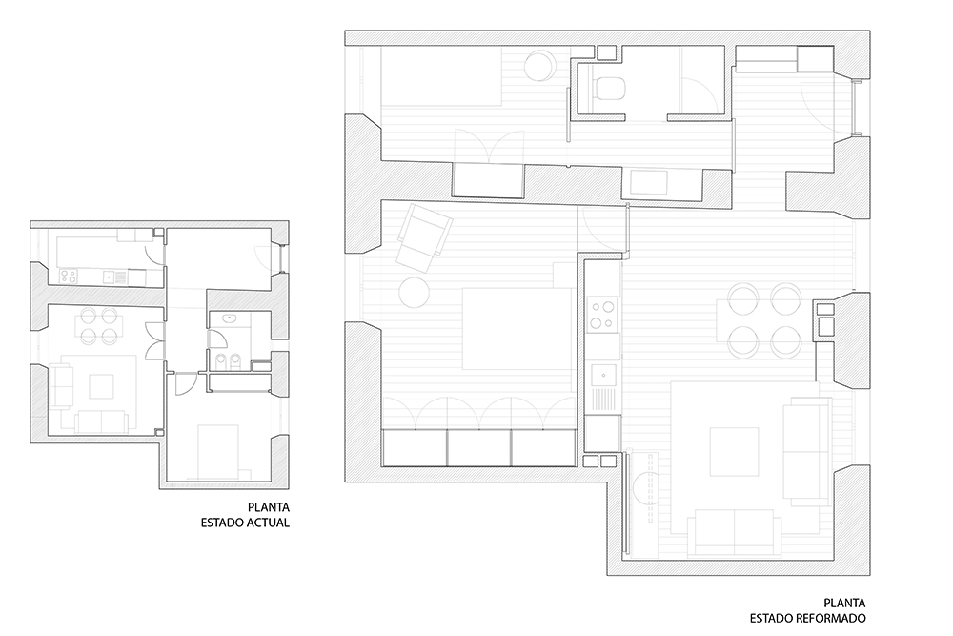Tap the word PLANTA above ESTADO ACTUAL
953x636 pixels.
(269, 506)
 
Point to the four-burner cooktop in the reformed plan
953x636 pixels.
(603, 313)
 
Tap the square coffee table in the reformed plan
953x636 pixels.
(734, 452)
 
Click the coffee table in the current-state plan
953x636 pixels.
(101, 386)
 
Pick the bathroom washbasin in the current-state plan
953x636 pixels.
(230, 318)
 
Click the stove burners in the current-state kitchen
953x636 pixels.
(68, 277)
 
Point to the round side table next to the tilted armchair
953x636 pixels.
(415, 291)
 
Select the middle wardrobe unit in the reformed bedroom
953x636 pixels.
(479, 447)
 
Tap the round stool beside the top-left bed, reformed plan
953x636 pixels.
(539, 65)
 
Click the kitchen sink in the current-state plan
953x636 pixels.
(109, 277)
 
